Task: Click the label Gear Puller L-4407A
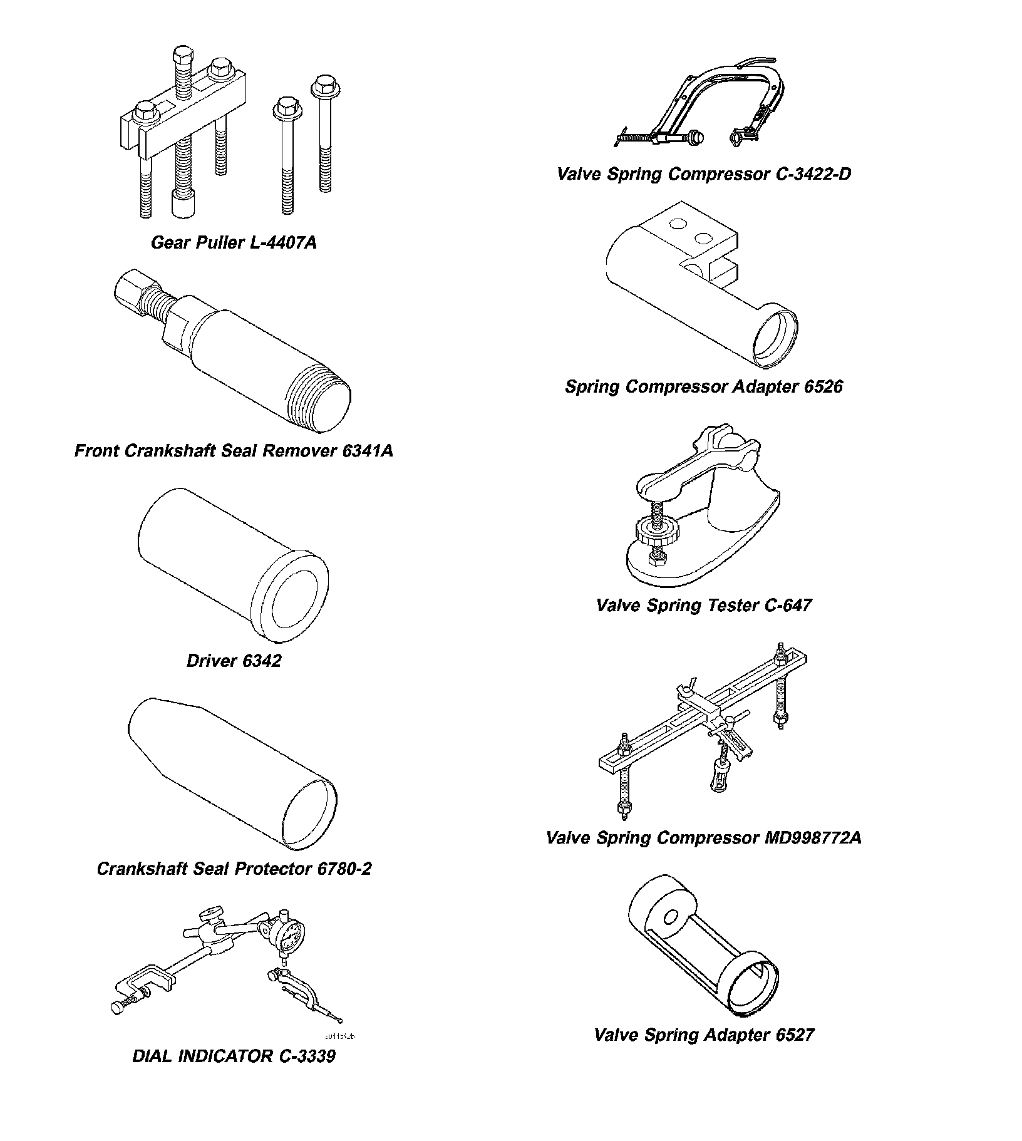pos(234,242)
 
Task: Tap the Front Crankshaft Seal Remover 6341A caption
pos(234,450)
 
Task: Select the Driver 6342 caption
pos(234,661)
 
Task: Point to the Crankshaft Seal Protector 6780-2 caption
pos(234,869)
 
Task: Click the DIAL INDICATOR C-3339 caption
pos(234,1056)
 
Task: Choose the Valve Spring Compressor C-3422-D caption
pos(704,173)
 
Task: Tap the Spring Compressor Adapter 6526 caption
pos(704,386)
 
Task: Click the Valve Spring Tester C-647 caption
pos(704,605)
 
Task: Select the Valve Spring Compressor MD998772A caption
pos(704,837)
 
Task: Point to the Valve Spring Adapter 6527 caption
pos(704,1035)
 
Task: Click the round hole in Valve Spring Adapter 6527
pos(670,918)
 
